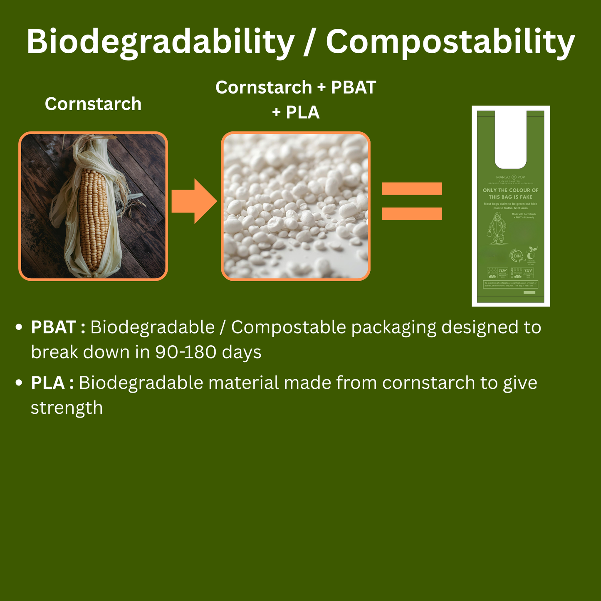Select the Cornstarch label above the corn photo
(x=93, y=104)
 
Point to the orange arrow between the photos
(x=194, y=202)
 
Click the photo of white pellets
(x=295, y=206)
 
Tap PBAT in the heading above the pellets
(x=353, y=88)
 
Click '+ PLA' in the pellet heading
(x=296, y=112)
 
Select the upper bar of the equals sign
(x=412, y=189)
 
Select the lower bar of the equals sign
(x=412, y=213)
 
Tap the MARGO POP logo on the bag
(x=510, y=177)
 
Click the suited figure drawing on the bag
(x=496, y=229)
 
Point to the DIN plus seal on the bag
(x=517, y=256)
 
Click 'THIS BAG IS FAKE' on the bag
(x=510, y=197)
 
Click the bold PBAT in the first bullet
(x=53, y=328)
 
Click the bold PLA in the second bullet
(x=48, y=383)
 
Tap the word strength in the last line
(x=67, y=408)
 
